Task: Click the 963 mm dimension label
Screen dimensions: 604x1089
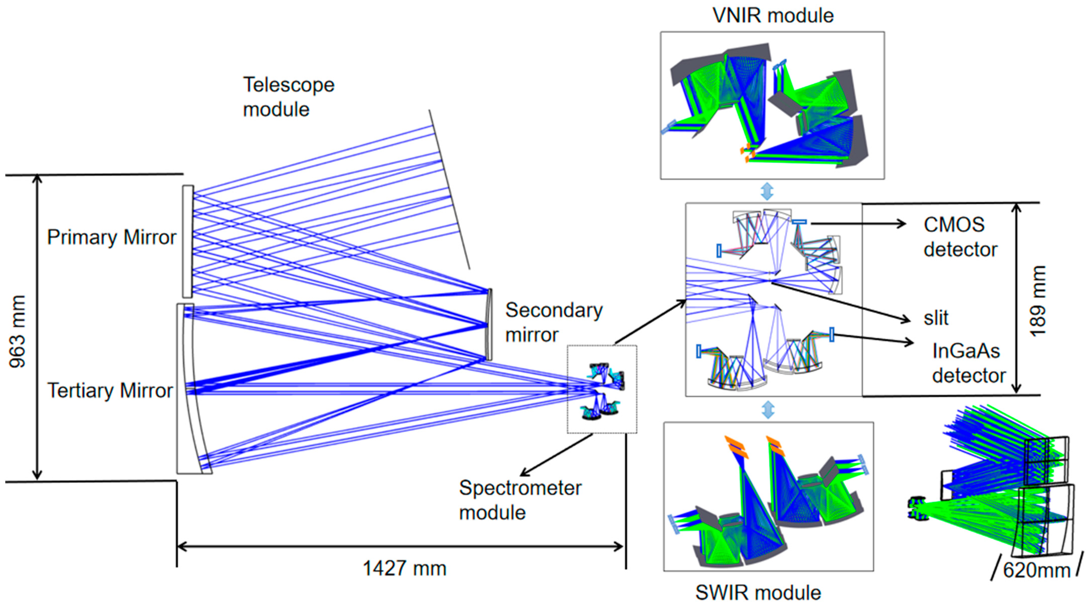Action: click(x=18, y=332)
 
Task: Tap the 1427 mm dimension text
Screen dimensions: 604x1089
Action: click(x=405, y=568)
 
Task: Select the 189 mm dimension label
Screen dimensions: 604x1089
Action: click(x=1036, y=301)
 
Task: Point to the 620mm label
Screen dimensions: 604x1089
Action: click(x=1036, y=570)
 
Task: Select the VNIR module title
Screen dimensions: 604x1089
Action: click(x=773, y=16)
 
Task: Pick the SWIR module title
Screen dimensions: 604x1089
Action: click(x=758, y=592)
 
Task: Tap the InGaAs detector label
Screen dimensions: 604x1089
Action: click(x=968, y=363)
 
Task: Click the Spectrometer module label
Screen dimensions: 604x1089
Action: click(x=520, y=500)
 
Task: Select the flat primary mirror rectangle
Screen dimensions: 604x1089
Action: click(x=188, y=241)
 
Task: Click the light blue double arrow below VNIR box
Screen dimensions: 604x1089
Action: click(x=767, y=191)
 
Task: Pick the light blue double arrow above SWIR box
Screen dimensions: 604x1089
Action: click(x=768, y=409)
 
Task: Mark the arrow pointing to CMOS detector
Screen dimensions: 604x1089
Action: click(x=858, y=223)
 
